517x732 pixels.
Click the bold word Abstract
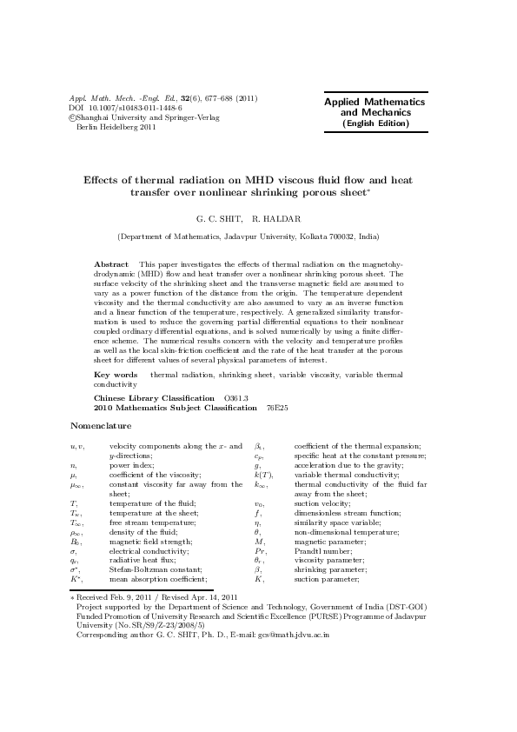point(111,263)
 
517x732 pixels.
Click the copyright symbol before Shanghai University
point(71,116)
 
